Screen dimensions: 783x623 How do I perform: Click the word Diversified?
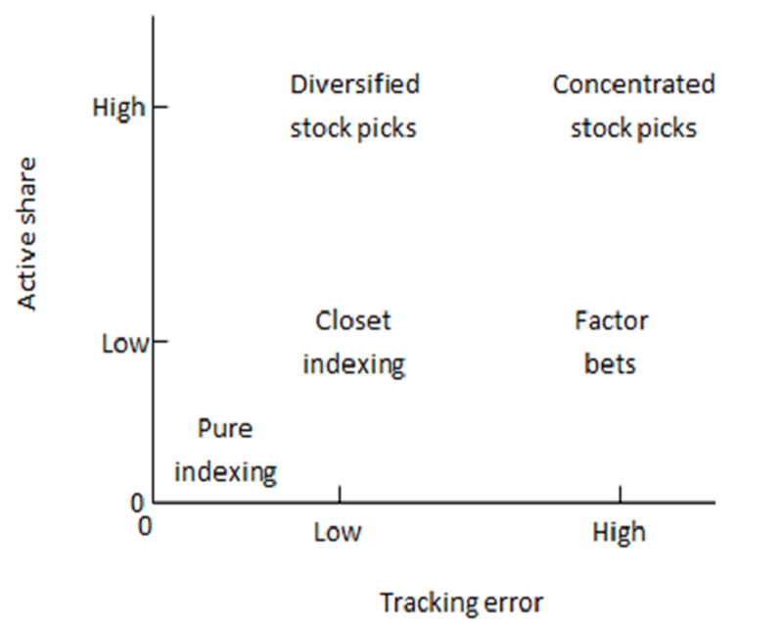click(354, 84)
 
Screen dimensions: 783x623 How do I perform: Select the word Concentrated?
click(633, 84)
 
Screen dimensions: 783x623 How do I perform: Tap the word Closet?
click(353, 320)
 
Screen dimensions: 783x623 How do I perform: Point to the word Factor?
click(611, 320)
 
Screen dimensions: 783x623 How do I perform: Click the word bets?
click(610, 363)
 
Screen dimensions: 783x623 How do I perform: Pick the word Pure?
click(225, 428)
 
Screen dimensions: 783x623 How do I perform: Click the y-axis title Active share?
click(27, 234)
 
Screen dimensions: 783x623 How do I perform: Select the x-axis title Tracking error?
click(461, 602)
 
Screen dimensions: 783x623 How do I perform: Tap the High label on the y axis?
click(118, 108)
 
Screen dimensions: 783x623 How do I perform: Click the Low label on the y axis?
click(125, 343)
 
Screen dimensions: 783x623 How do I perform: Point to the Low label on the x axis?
click(337, 533)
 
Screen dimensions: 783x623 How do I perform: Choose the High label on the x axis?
click(619, 532)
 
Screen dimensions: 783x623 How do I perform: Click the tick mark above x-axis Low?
click(340, 494)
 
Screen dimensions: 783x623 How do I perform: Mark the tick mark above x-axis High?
click(620, 494)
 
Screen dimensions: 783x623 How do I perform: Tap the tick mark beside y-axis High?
click(161, 107)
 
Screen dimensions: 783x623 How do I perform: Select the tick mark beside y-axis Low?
click(161, 341)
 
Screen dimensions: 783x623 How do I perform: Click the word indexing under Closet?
click(354, 364)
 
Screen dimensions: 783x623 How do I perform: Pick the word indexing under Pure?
click(225, 472)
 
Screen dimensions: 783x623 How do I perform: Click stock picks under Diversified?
click(353, 128)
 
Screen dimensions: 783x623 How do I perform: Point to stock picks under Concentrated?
click(633, 128)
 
